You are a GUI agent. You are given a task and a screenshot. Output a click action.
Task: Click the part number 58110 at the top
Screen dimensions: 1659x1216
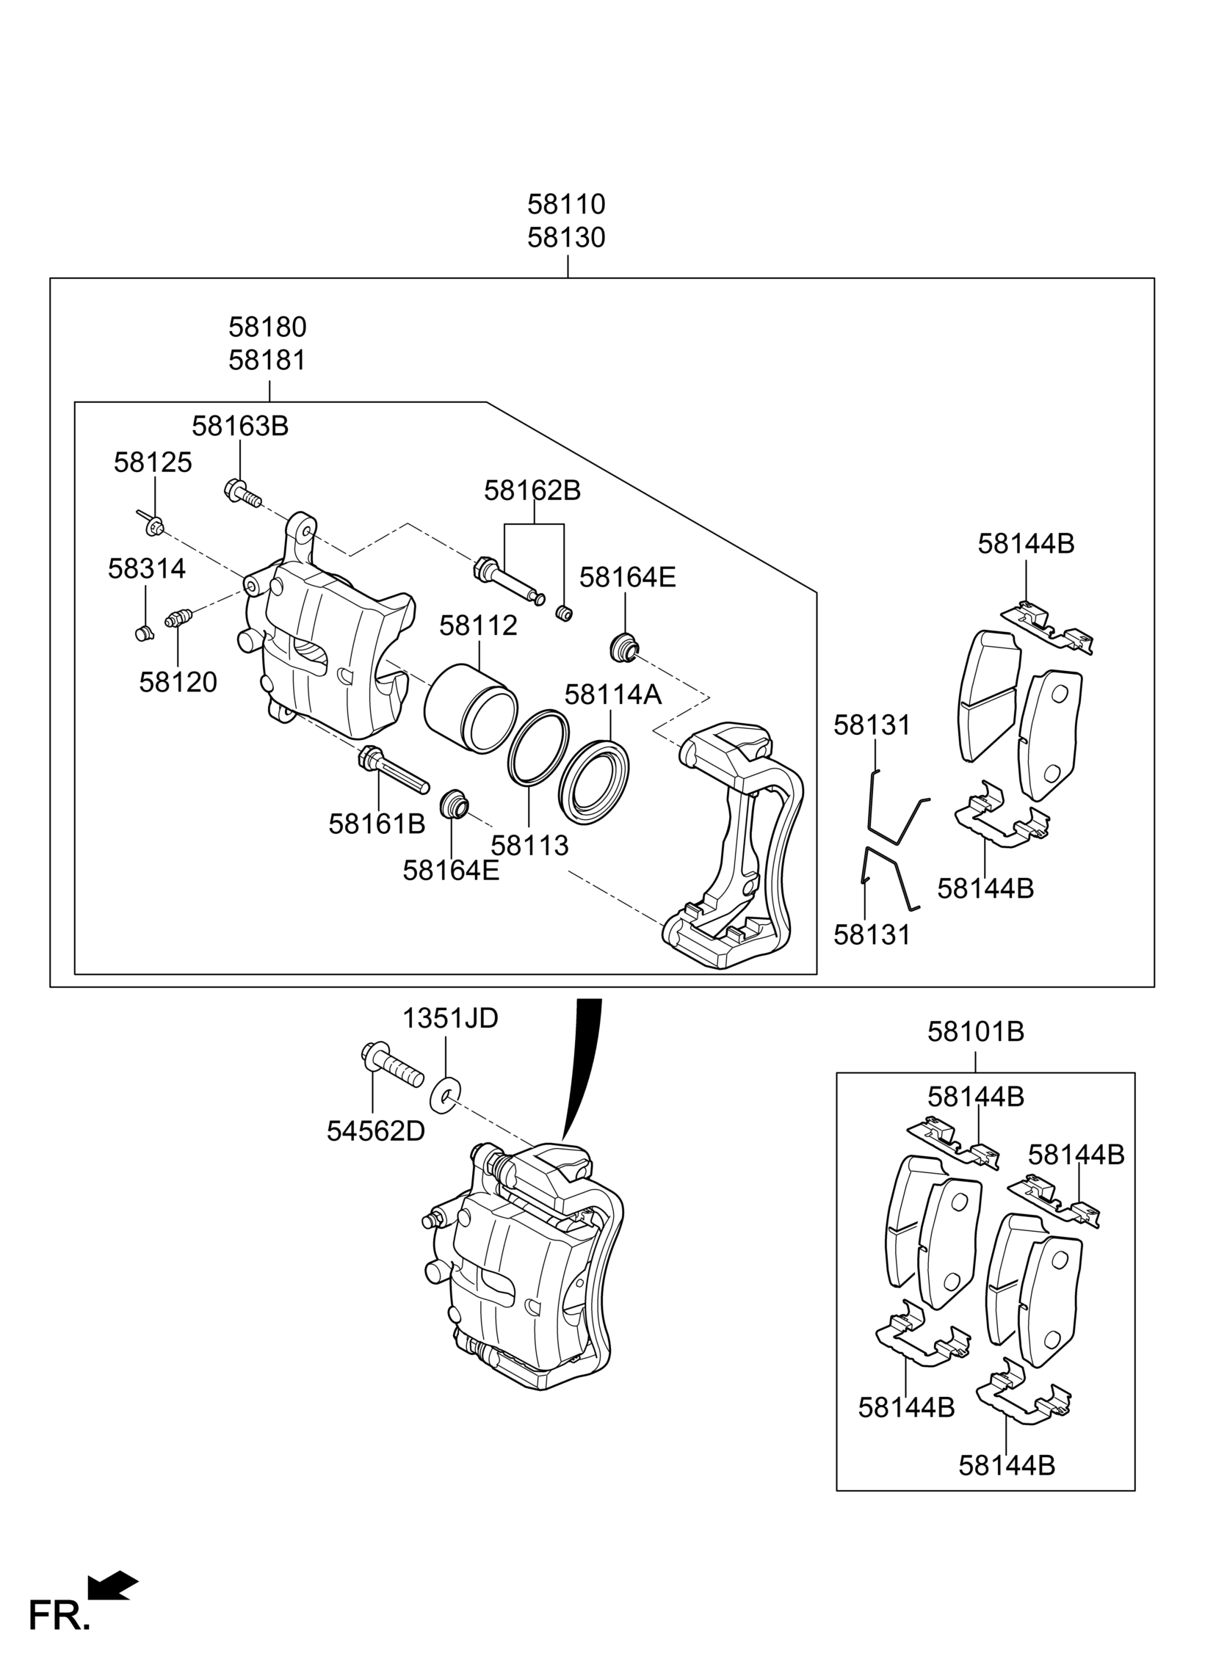click(x=566, y=203)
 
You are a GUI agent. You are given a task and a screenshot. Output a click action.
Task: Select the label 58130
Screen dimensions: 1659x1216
click(x=566, y=238)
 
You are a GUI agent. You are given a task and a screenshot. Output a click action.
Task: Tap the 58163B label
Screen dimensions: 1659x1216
click(x=240, y=426)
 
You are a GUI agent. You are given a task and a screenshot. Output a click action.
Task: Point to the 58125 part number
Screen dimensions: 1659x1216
click(x=153, y=462)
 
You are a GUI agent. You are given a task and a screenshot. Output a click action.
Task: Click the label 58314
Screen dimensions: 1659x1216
click(x=146, y=569)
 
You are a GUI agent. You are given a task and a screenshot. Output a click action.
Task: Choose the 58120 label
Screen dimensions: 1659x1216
click(x=178, y=683)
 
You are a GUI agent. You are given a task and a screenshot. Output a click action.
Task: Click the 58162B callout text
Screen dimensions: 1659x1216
click(x=532, y=490)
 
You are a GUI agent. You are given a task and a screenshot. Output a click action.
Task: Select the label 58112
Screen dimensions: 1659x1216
click(x=479, y=626)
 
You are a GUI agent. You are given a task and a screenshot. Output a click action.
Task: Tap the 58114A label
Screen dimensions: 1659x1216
click(x=613, y=694)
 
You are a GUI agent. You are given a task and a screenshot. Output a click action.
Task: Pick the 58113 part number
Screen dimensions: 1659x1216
click(x=530, y=846)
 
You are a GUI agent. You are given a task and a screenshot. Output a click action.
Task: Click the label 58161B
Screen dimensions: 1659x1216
click(x=377, y=824)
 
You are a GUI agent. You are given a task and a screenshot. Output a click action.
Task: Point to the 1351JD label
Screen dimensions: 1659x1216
click(x=449, y=1018)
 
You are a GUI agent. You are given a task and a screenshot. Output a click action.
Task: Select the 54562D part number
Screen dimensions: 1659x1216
click(x=375, y=1130)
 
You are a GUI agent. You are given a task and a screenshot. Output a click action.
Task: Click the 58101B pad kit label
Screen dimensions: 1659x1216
click(x=975, y=1031)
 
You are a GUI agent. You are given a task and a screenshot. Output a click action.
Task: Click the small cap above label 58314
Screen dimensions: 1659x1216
click(x=144, y=633)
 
